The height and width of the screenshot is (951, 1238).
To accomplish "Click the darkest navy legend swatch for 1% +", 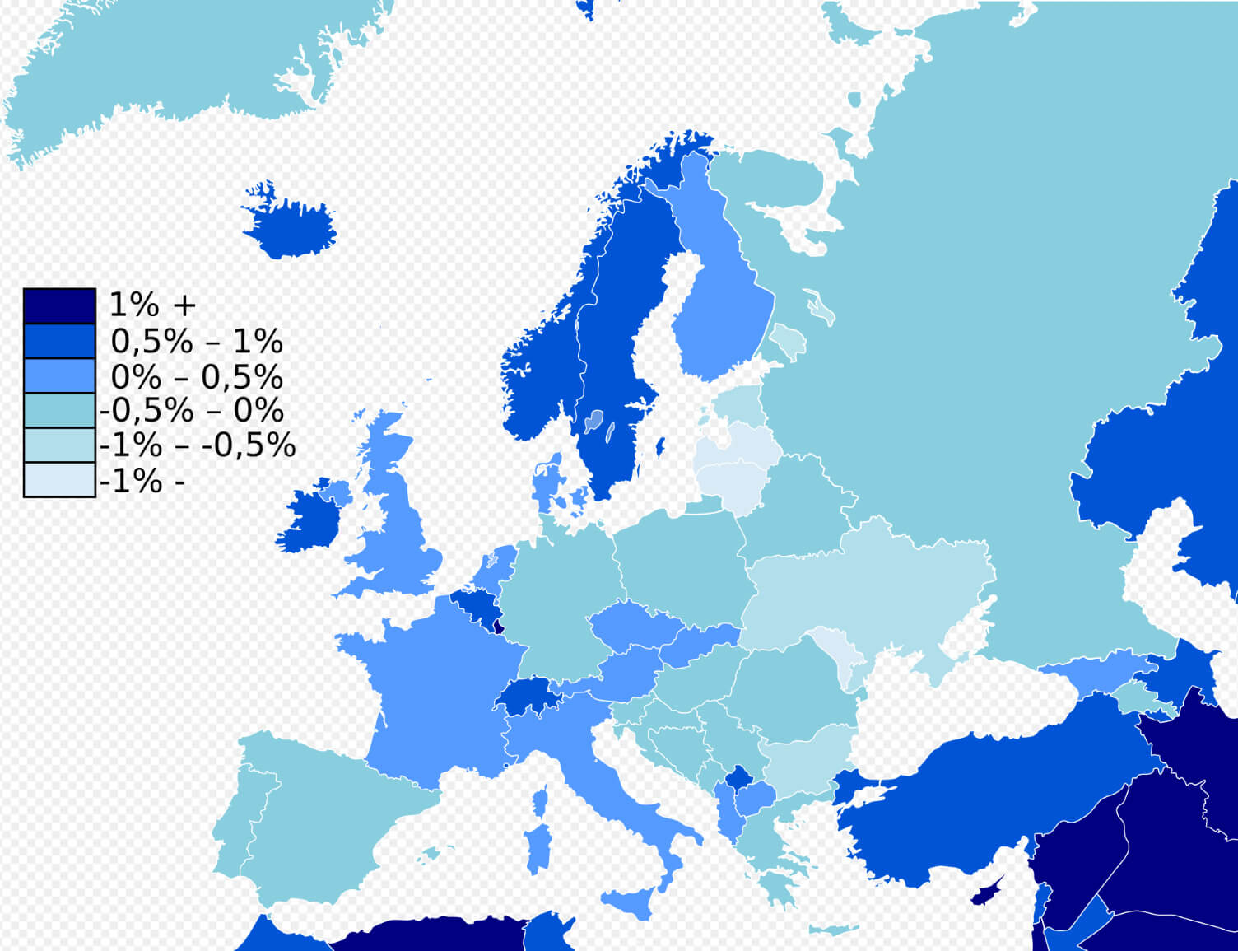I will pyautogui.click(x=59, y=305).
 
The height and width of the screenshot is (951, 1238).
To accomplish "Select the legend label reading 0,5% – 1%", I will pyautogui.click(x=197, y=341).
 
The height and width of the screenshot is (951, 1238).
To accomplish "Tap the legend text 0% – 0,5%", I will pyautogui.click(x=197, y=376).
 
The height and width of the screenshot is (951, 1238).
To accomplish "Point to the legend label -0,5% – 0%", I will pyautogui.click(x=192, y=410).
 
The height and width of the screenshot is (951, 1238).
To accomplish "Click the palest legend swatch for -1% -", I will pyautogui.click(x=59, y=480).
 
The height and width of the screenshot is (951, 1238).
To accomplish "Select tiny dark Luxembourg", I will pyautogui.click(x=497, y=627).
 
